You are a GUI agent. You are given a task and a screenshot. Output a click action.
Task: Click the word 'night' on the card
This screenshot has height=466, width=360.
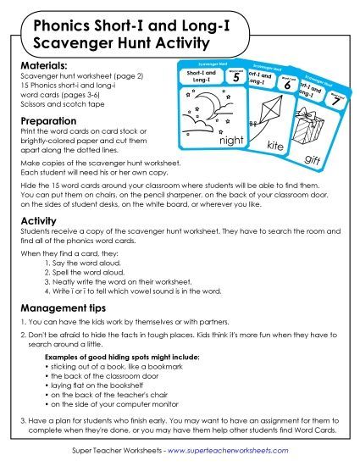(x=208, y=141)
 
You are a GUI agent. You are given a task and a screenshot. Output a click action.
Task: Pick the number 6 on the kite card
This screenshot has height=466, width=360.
(x=287, y=86)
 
